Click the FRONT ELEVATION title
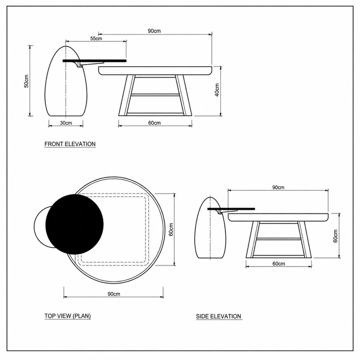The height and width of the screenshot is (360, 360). pyautogui.click(x=70, y=144)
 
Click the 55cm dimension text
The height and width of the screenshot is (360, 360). pyautogui.click(x=96, y=38)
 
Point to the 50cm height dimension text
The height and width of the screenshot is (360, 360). pyautogui.click(x=26, y=81)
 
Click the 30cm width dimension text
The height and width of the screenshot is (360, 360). pyautogui.click(x=66, y=123)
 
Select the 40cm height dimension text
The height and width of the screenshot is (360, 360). pyautogui.click(x=217, y=90)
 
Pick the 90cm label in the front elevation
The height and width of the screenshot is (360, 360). pyautogui.click(x=154, y=31)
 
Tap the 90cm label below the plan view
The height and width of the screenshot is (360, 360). pyautogui.click(x=114, y=294)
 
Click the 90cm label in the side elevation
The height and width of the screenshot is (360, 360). pyautogui.click(x=278, y=187)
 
